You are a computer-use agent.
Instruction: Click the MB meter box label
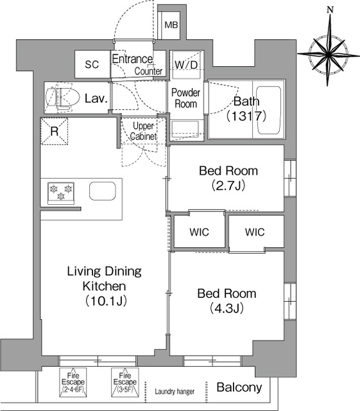pyautogui.click(x=171, y=25)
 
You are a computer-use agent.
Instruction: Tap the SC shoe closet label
pyautogui.click(x=92, y=64)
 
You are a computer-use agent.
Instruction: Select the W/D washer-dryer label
pyautogui.click(x=186, y=64)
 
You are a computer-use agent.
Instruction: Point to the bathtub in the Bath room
pyautogui.click(x=269, y=110)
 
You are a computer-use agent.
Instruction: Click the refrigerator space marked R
pyautogui.click(x=55, y=131)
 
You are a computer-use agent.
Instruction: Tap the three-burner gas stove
pyautogui.click(x=61, y=193)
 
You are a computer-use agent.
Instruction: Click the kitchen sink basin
pyautogui.click(x=103, y=191)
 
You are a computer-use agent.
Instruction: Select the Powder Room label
pyautogui.click(x=185, y=98)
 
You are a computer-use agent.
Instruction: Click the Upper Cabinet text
pyautogui.click(x=143, y=131)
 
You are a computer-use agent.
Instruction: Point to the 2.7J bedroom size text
pyautogui.click(x=228, y=186)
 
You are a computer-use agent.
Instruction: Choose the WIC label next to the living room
pyautogui.click(x=200, y=232)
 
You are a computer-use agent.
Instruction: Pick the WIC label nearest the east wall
pyautogui.click(x=255, y=232)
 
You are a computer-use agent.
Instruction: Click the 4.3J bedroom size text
pyautogui.click(x=227, y=308)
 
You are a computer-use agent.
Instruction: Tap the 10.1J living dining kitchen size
pyautogui.click(x=106, y=301)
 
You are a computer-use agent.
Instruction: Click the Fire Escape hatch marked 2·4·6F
pyautogui.click(x=73, y=381)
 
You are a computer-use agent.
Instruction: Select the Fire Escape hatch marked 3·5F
pyautogui.click(x=125, y=381)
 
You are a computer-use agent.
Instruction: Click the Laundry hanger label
pyautogui.click(x=175, y=392)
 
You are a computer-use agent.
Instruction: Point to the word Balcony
pyautogui.click(x=239, y=387)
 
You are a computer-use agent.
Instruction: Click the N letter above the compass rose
pyautogui.click(x=330, y=10)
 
